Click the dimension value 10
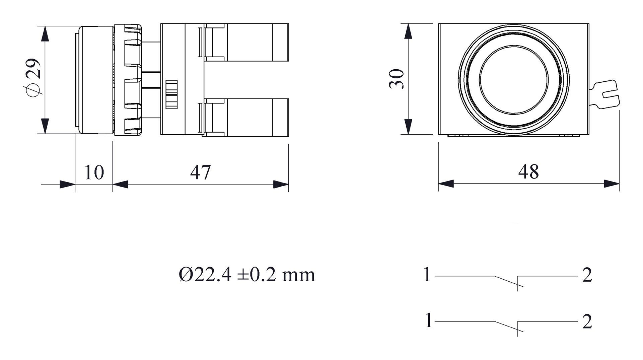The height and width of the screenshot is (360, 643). tap(94, 172)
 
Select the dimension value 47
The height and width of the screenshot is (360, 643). tap(200, 172)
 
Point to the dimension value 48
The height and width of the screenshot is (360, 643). tap(528, 171)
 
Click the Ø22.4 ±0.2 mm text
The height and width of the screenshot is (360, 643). tap(247, 275)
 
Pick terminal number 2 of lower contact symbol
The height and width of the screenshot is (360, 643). tap(587, 321)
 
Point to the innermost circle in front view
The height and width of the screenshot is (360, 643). tap(513, 80)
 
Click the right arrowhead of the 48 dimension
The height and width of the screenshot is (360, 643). tap(612, 184)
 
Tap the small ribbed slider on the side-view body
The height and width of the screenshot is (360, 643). tap(171, 94)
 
